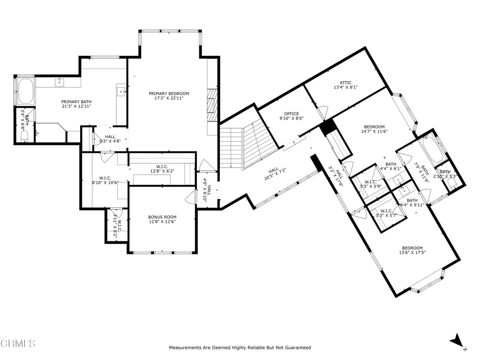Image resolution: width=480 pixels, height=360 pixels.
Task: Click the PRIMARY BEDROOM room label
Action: (x=169, y=94)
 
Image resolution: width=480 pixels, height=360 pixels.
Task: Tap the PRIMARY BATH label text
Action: (x=76, y=102)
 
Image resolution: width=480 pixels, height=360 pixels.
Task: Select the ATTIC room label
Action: (x=342, y=83)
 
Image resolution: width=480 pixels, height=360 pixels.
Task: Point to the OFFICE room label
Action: (x=291, y=114)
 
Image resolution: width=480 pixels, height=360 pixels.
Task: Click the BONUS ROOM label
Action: (x=162, y=217)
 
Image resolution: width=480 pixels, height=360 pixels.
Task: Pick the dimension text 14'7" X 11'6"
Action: (x=374, y=132)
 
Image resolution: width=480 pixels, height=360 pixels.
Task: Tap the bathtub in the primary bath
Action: (x=25, y=91)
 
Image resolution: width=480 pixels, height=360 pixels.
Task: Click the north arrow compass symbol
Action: (x=456, y=341)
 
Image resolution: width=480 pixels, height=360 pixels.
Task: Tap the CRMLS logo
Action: (x=18, y=344)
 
